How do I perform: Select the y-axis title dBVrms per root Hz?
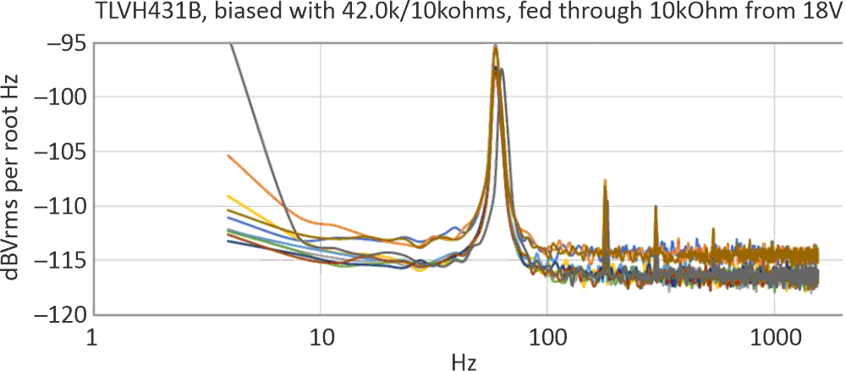[15, 178]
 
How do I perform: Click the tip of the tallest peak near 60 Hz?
[496, 46]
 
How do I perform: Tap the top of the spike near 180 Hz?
[605, 180]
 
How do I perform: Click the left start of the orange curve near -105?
[228, 155]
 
